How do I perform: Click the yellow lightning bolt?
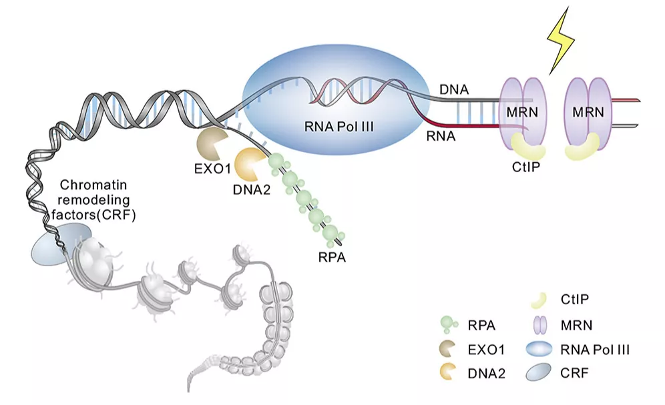pyautogui.click(x=561, y=41)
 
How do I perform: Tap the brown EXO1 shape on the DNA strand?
pyautogui.click(x=211, y=143)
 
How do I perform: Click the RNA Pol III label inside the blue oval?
pyautogui.click(x=339, y=126)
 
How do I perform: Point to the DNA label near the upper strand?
pyautogui.click(x=454, y=89)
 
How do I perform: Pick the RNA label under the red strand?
pyautogui.click(x=441, y=136)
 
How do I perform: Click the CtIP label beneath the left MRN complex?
pyautogui.click(x=526, y=167)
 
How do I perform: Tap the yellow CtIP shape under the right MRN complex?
pyautogui.click(x=582, y=147)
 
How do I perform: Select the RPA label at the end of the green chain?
pyautogui.click(x=332, y=257)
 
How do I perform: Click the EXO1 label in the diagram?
pyautogui.click(x=212, y=169)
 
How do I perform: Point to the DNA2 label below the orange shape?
pyautogui.click(x=252, y=189)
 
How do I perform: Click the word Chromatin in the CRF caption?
pyautogui.click(x=93, y=185)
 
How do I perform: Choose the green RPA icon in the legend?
pyautogui.click(x=449, y=326)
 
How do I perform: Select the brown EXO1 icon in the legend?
pyautogui.click(x=447, y=349)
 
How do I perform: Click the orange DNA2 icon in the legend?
pyautogui.click(x=447, y=372)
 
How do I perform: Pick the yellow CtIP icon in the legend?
pyautogui.click(x=539, y=300)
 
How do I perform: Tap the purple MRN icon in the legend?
pyautogui.click(x=539, y=325)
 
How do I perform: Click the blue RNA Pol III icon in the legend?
pyautogui.click(x=539, y=349)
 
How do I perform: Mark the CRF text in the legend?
pyautogui.click(x=574, y=373)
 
